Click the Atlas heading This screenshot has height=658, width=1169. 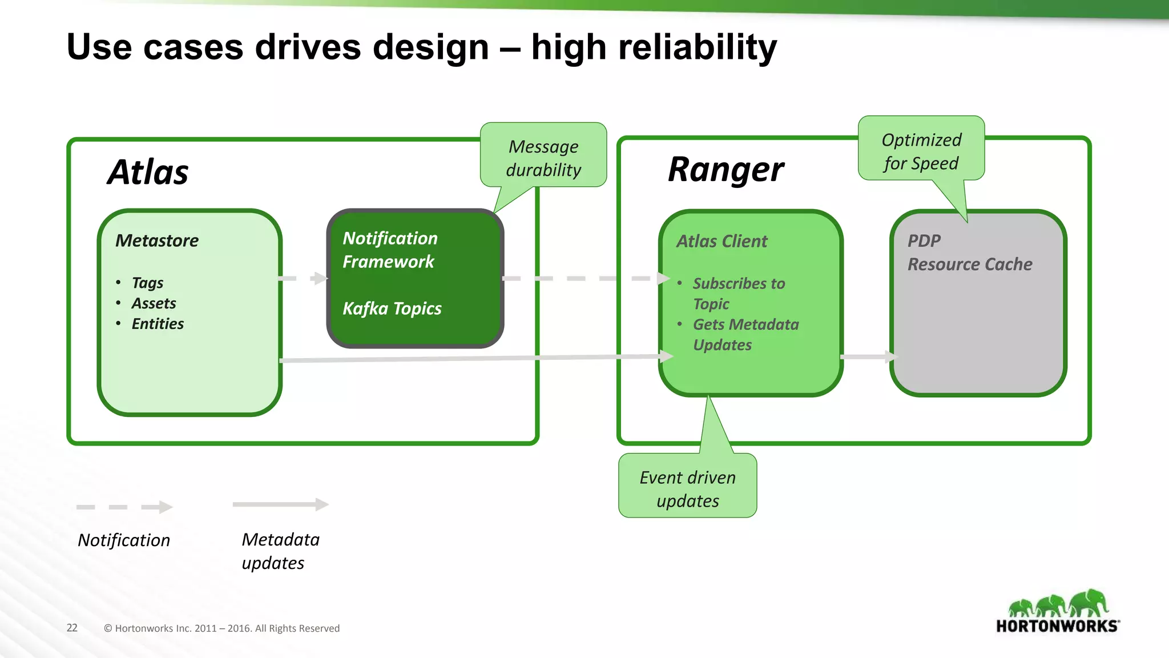tap(148, 172)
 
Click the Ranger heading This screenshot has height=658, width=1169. tap(725, 170)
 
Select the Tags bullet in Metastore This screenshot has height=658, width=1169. tap(147, 283)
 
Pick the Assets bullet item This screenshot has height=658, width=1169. tap(154, 303)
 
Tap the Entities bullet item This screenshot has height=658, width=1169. tap(158, 324)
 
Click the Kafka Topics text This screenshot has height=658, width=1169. tap(392, 308)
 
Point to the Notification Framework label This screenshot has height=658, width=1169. tap(390, 250)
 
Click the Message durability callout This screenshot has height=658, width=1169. tap(543, 158)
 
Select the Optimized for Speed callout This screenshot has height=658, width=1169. tap(921, 151)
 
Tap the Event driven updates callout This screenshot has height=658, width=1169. tap(687, 488)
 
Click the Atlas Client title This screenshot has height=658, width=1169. tap(721, 241)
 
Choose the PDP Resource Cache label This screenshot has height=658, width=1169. tap(969, 252)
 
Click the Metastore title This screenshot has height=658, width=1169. tap(157, 240)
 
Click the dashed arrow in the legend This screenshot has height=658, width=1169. tap(124, 507)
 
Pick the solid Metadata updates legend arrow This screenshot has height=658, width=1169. tap(280, 504)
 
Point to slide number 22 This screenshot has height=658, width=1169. tap(72, 628)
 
